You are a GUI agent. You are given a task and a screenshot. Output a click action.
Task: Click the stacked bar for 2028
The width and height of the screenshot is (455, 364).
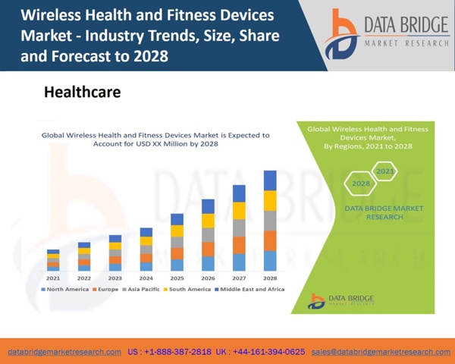pos(270,221)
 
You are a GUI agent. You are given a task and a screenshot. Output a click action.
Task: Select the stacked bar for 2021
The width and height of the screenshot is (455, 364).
pos(53,260)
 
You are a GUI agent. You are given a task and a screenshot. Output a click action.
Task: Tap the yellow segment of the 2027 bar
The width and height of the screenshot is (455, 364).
pos(239,211)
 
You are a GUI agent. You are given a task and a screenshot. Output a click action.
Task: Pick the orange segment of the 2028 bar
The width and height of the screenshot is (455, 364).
pos(270,240)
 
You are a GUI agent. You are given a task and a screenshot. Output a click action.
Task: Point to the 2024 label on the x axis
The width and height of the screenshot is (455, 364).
pos(146,278)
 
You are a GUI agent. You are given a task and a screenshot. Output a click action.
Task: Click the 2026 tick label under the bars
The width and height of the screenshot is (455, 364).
pos(208,278)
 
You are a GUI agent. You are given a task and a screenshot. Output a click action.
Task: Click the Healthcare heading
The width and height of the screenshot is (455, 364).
pos(82,92)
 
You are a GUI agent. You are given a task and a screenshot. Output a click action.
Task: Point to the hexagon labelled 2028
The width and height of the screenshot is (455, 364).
pos(362,184)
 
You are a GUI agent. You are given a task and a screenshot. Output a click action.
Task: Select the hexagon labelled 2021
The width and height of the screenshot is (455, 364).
pos(385,171)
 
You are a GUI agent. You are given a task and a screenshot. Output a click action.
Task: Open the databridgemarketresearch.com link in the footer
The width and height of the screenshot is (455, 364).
pos(64,352)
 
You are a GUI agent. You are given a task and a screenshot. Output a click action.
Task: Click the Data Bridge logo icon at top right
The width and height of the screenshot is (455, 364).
pos(341,34)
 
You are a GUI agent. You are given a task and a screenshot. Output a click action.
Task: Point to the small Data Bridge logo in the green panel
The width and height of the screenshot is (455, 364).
pos(315,300)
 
